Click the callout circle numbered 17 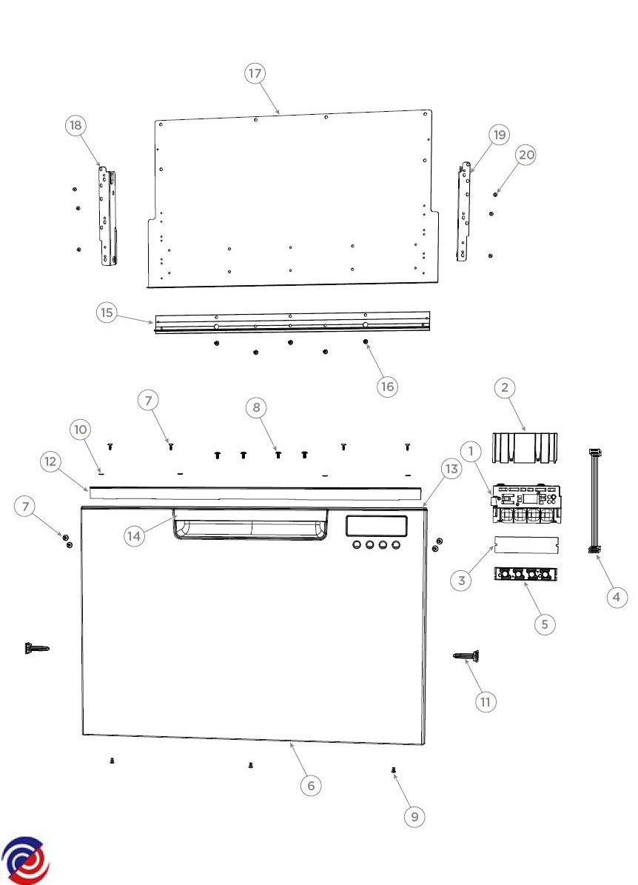[x=255, y=73]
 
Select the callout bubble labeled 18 [x=75, y=125]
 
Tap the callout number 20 [x=525, y=155]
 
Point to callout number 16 [x=387, y=387]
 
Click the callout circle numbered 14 [x=134, y=536]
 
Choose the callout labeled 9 [x=414, y=817]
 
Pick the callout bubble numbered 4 [x=616, y=597]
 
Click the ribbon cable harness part [x=594, y=500]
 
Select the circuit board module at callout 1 [x=525, y=502]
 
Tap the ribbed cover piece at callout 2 [x=525, y=448]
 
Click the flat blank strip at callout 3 [x=526, y=544]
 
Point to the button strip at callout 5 [x=525, y=575]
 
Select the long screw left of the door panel [x=37, y=648]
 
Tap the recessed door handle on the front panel [x=250, y=525]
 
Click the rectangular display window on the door [x=376, y=526]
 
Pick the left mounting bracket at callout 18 [x=108, y=216]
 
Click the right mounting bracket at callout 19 [x=463, y=212]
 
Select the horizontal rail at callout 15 [x=292, y=322]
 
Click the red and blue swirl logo [x=25, y=861]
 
